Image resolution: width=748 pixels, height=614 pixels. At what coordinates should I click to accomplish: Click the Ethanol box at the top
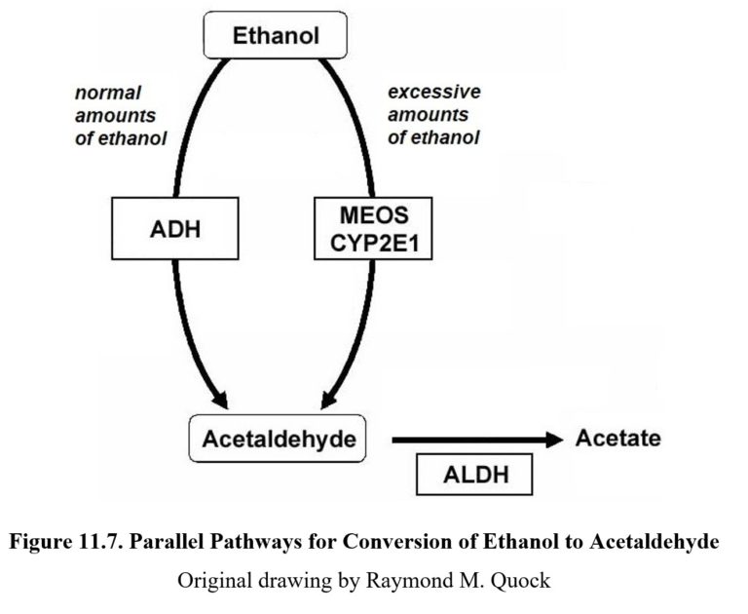[x=276, y=37]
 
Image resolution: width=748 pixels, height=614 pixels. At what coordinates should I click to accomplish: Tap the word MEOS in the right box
[x=372, y=215]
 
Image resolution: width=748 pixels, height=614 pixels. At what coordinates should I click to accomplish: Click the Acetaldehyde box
[x=279, y=440]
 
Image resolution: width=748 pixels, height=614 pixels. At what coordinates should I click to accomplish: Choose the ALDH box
[x=475, y=476]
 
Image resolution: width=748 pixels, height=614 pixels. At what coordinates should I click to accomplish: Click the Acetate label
[x=617, y=439]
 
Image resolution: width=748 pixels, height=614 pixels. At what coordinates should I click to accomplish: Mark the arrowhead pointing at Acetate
[x=554, y=440]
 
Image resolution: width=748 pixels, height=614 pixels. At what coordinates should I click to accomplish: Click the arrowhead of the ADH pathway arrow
[x=221, y=400]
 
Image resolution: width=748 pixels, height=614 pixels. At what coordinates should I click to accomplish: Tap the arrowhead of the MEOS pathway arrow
[x=328, y=400]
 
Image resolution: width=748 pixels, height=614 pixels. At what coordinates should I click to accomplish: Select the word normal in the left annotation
[x=108, y=94]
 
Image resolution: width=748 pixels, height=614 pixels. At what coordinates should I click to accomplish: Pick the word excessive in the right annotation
[x=434, y=93]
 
